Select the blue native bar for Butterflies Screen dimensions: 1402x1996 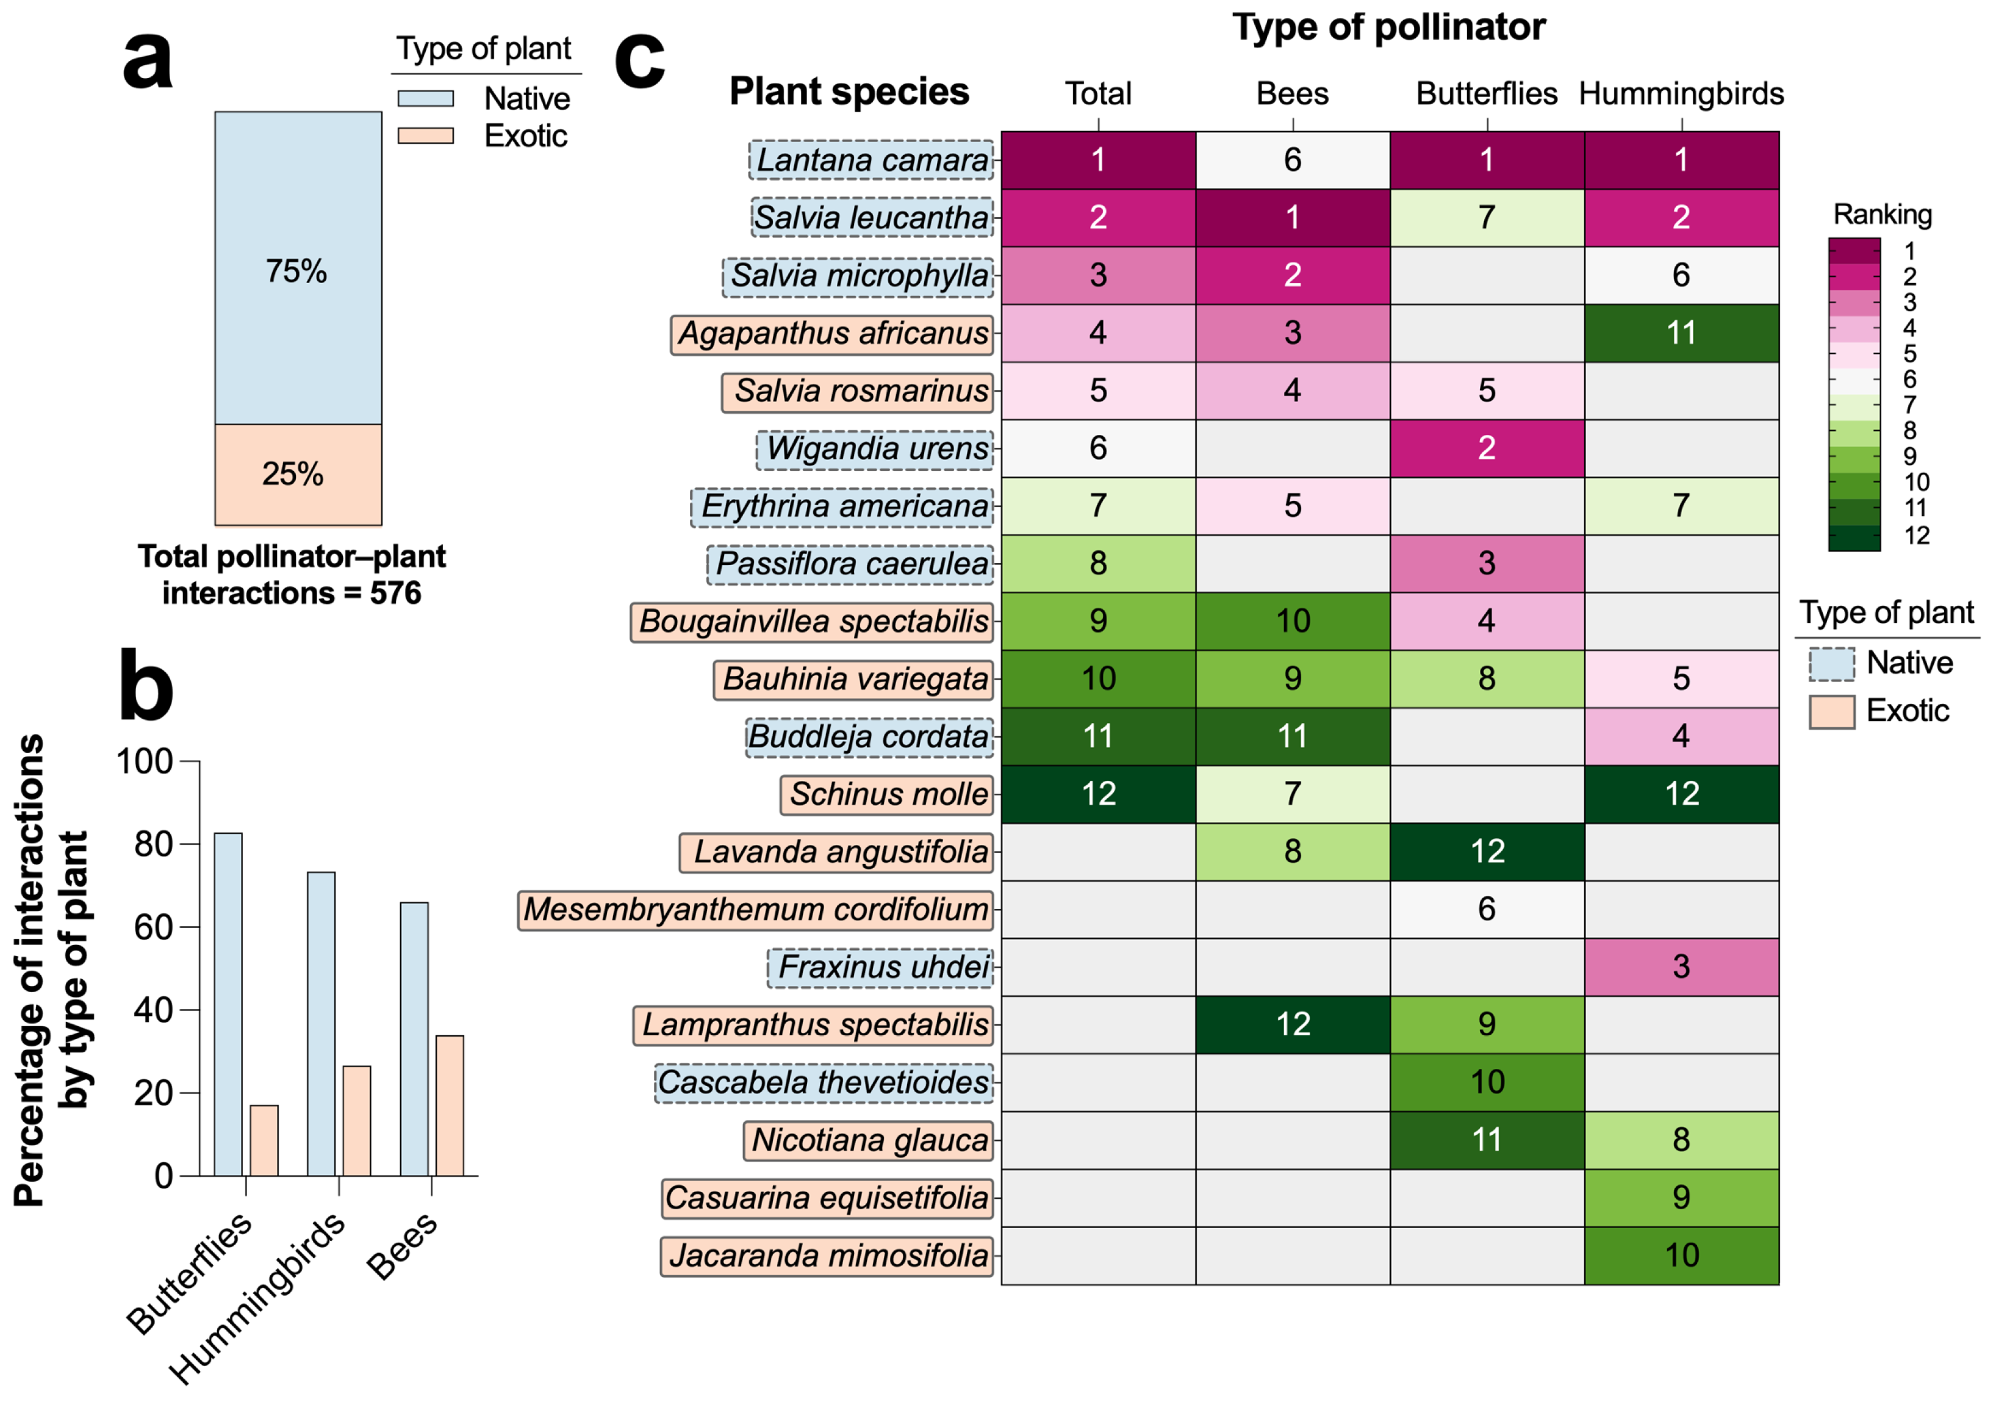pyautogui.click(x=228, y=1004)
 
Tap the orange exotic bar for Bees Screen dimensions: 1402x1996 pyautogui.click(x=450, y=1105)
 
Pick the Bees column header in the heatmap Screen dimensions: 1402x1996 pyautogui.click(x=1292, y=93)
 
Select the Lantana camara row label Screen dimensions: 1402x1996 pyautogui.click(x=871, y=160)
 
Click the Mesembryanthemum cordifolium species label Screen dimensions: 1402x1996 pyautogui.click(x=755, y=909)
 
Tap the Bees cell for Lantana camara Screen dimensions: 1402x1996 pyautogui.click(x=1292, y=160)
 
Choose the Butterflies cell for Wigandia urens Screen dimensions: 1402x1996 pyautogui.click(x=1487, y=448)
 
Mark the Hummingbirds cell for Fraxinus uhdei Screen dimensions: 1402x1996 pyautogui.click(x=1681, y=966)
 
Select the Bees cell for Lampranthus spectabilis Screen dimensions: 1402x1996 pyautogui.click(x=1292, y=1024)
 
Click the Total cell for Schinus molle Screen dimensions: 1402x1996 pyautogui.click(x=1098, y=794)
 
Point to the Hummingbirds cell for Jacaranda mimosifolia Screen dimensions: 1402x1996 pyautogui.click(x=1681, y=1255)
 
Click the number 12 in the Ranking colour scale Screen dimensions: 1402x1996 pyautogui.click(x=1916, y=536)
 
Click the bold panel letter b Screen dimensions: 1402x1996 pyautogui.click(x=146, y=688)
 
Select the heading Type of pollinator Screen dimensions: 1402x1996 pyautogui.click(x=1388, y=27)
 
